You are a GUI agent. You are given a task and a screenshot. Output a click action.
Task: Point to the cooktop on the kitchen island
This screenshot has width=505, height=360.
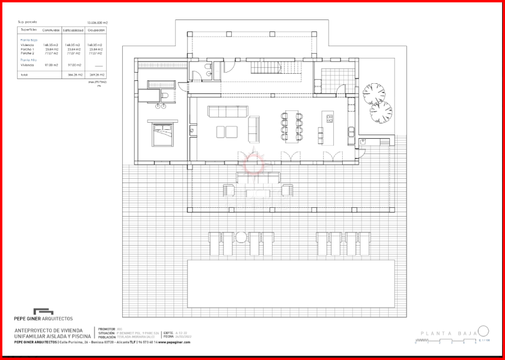coord(329,117)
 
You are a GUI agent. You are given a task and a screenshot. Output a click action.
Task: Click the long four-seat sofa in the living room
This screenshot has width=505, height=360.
coord(228,111)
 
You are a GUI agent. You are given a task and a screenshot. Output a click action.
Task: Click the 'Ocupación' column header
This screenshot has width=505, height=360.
coord(96,29)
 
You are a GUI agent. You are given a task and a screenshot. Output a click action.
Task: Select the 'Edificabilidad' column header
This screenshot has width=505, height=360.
coord(74,29)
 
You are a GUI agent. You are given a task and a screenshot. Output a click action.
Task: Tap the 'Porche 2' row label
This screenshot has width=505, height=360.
coord(28,53)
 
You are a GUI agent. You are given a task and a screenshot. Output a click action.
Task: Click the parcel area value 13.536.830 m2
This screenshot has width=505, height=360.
coord(97,22)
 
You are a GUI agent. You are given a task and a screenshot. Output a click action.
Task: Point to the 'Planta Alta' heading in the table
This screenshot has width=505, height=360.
coord(29,60)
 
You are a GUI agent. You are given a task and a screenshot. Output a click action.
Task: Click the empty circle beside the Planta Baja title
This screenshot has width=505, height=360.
coord(483,331)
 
